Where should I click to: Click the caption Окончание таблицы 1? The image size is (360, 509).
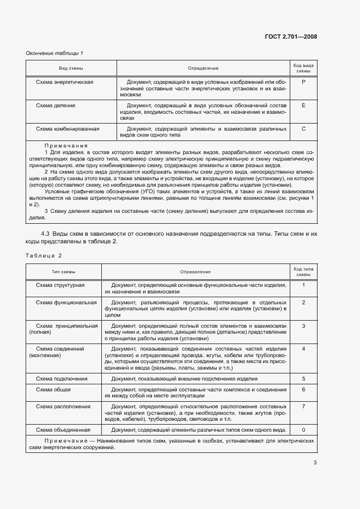[x=54, y=53]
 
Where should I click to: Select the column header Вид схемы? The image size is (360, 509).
[x=71, y=68]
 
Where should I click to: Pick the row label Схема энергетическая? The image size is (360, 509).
[x=64, y=82]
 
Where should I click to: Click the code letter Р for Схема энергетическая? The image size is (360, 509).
[x=303, y=82]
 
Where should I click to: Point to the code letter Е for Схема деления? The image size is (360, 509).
[x=303, y=105]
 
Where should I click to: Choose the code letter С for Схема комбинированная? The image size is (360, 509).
[x=303, y=129]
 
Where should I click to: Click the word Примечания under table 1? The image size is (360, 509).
[x=66, y=145]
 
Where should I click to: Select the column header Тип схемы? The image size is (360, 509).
[x=64, y=271]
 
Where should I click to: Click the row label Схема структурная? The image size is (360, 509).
[x=60, y=285]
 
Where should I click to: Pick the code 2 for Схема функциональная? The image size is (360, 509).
[x=303, y=302]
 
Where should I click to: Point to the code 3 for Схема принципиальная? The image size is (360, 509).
[x=303, y=326]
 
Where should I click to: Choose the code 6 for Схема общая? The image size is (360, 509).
[x=303, y=390]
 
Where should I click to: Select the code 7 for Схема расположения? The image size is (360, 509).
[x=303, y=407]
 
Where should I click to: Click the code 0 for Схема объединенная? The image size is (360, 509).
[x=303, y=430]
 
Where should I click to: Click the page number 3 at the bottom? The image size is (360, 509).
[x=315, y=463]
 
